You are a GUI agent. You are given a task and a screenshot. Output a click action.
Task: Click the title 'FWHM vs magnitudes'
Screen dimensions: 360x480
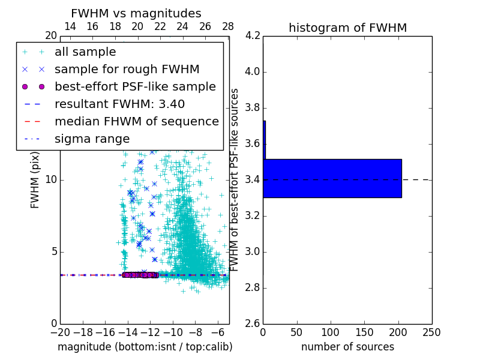[136, 13]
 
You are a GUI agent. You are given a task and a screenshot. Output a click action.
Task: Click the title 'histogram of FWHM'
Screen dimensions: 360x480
[347, 28]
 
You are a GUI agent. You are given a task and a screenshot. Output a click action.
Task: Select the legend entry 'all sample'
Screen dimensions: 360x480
[85, 52]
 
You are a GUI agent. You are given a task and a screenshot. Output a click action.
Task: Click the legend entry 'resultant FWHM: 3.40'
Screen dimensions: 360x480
[119, 104]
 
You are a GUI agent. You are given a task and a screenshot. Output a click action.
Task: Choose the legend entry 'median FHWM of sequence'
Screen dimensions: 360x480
[136, 121]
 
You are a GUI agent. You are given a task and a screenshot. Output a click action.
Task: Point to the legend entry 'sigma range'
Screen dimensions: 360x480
[92, 139]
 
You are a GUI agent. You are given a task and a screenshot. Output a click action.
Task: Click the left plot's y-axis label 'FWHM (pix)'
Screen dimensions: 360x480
[35, 179]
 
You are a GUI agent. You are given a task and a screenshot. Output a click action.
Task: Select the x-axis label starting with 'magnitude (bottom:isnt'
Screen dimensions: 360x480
[145, 347]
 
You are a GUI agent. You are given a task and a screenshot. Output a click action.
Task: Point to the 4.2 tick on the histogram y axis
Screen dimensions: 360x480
[252, 36]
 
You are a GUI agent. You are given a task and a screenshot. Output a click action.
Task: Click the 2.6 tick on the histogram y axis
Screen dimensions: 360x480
[252, 323]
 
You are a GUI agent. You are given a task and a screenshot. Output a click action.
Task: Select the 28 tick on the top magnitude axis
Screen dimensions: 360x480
[228, 27]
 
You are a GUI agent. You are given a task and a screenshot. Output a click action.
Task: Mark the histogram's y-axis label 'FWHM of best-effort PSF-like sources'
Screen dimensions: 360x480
[235, 179]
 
